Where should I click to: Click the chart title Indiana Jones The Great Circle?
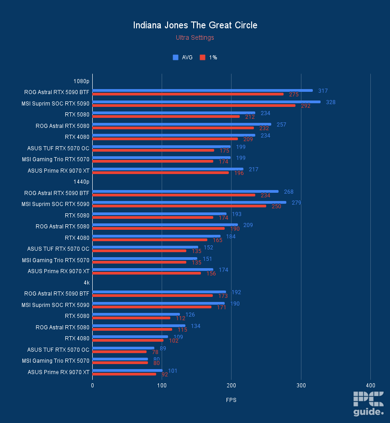click(195, 25)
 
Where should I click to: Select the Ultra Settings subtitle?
click(195, 38)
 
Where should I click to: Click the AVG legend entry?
click(183, 58)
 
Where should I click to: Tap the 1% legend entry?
click(209, 58)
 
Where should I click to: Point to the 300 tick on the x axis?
click(301, 386)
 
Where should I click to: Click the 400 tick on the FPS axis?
click(370, 386)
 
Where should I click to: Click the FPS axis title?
click(231, 400)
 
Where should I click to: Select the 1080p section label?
click(81, 81)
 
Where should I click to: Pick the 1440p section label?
click(81, 182)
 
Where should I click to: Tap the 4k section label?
click(86, 282)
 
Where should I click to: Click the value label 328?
click(331, 102)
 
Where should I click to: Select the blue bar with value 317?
click(202, 90)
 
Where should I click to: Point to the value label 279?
click(296, 203)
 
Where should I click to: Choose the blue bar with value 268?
click(185, 191)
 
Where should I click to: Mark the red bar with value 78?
click(120, 352)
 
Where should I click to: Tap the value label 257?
click(281, 125)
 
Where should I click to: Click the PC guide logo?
click(368, 404)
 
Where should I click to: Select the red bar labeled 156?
click(147, 273)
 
